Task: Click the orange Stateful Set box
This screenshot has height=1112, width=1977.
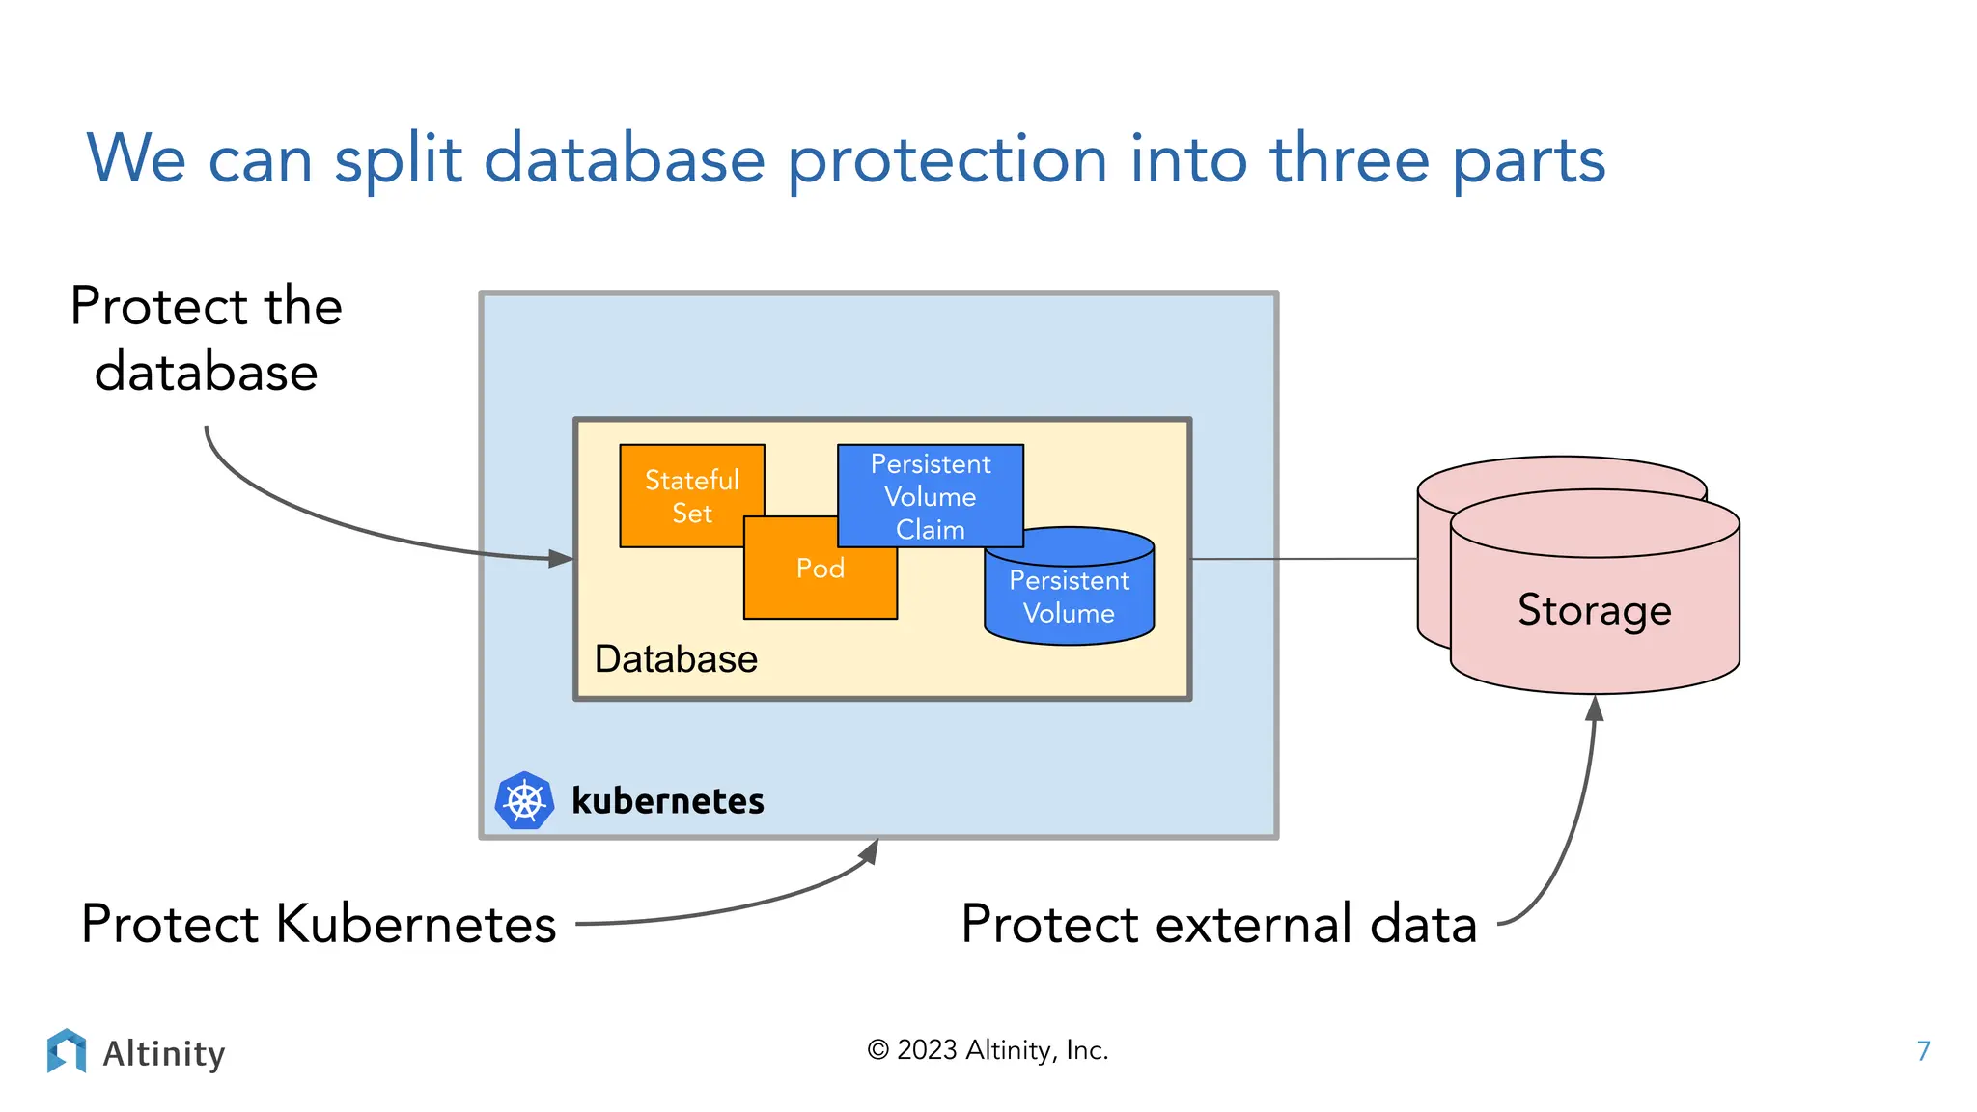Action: (691, 495)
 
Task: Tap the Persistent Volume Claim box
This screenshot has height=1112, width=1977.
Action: (930, 496)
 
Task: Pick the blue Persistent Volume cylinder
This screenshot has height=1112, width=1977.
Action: (1069, 597)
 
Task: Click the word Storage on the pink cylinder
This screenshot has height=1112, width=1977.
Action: (1594, 610)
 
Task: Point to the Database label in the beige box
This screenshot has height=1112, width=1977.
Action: (676, 659)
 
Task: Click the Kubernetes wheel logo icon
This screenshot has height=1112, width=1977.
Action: (524, 800)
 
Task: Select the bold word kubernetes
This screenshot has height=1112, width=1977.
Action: (667, 801)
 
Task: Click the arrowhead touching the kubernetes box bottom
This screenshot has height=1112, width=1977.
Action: (870, 850)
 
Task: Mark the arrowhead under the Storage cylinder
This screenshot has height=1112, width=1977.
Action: (1595, 709)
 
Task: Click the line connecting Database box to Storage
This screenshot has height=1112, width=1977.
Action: (1303, 559)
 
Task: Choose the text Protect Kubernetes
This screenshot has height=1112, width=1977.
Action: (319, 924)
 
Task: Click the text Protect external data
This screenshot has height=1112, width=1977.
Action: (1218, 924)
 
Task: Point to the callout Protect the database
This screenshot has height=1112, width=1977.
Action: (206, 339)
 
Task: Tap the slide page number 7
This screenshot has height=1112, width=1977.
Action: (1923, 1050)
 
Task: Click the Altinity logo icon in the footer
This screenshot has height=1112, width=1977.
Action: (67, 1050)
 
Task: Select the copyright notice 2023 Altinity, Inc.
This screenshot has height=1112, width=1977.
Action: (988, 1050)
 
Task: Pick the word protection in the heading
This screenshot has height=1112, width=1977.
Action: (947, 159)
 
